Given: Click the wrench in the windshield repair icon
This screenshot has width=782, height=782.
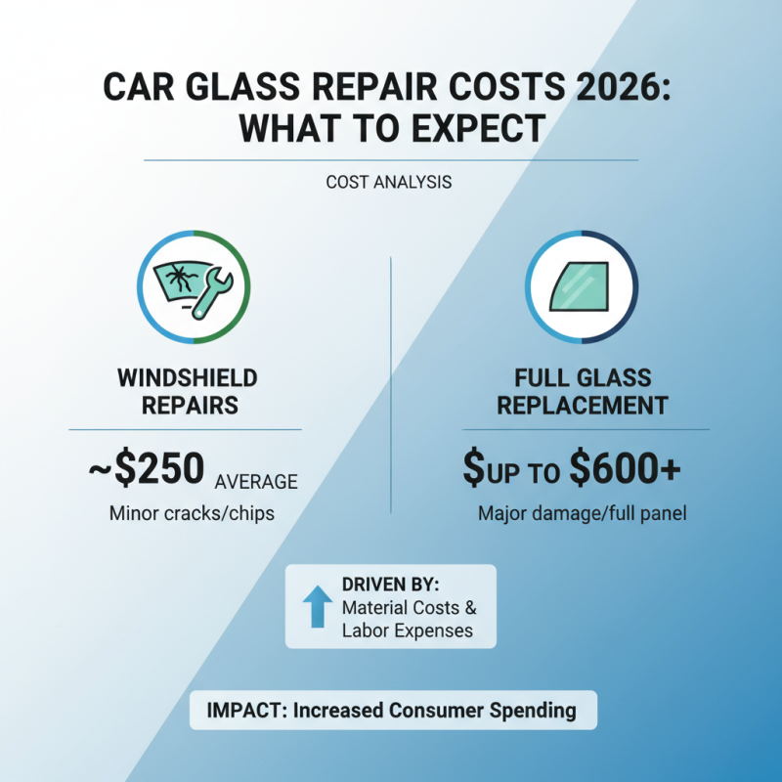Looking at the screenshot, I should coord(212,292).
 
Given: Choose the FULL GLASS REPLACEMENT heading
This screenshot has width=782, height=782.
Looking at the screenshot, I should coord(583,391).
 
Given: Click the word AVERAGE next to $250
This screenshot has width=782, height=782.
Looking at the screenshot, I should coord(255,481).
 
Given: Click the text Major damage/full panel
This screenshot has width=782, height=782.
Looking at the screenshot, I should coord(583,513).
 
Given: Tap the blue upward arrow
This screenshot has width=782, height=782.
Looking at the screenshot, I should coord(315,606).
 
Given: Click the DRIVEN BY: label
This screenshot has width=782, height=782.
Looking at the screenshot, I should coord(391,585).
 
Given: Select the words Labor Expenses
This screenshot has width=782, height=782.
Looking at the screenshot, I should coord(408,630).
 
